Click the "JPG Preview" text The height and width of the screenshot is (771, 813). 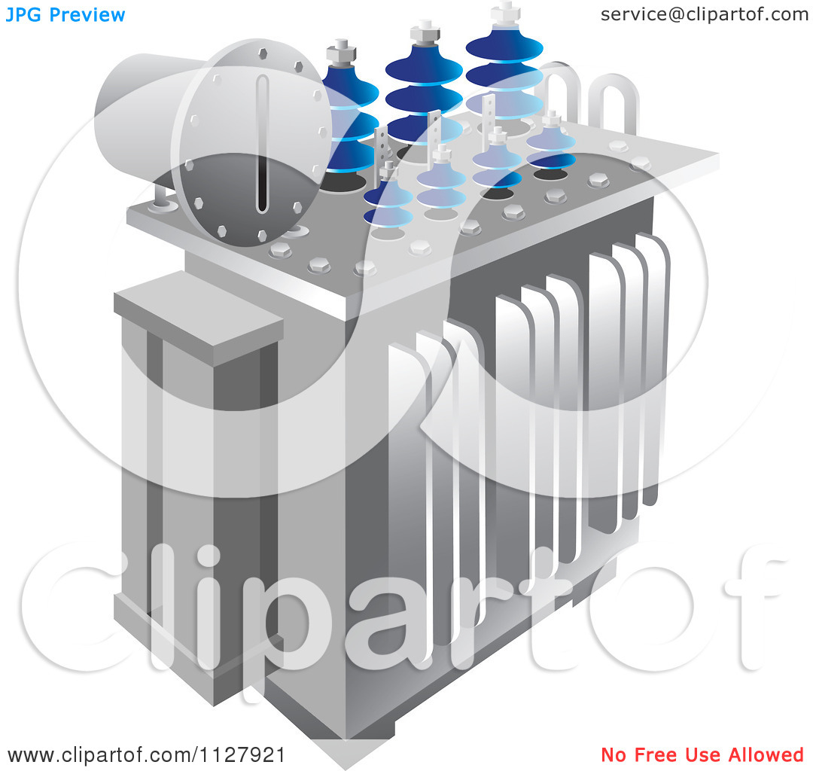(x=65, y=14)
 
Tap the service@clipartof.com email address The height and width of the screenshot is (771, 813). (x=704, y=14)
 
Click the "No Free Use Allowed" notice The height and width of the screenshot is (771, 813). (x=702, y=754)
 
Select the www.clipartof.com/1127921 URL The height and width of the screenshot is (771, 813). (x=146, y=754)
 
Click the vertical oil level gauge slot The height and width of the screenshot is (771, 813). (x=262, y=143)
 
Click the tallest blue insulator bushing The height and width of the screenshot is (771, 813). (x=504, y=68)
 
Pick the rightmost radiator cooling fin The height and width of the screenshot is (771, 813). (x=653, y=361)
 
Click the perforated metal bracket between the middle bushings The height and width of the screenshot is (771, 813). (x=434, y=132)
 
